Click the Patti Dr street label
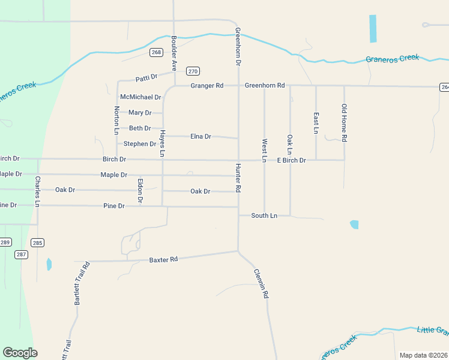(x=146, y=77)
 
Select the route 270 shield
(x=193, y=71)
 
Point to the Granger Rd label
(x=206, y=86)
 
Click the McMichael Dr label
(x=140, y=97)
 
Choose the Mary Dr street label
(x=140, y=113)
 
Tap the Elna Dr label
(x=200, y=136)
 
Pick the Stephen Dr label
(x=140, y=144)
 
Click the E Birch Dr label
(x=291, y=160)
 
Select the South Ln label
(x=264, y=215)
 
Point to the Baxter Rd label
(x=164, y=260)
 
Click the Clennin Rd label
(x=260, y=284)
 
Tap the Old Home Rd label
(x=344, y=122)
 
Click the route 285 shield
(x=37, y=243)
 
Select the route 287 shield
(x=21, y=254)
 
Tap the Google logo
(x=20, y=353)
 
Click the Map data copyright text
(x=423, y=355)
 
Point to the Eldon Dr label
(x=140, y=190)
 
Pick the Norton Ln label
(x=116, y=120)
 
